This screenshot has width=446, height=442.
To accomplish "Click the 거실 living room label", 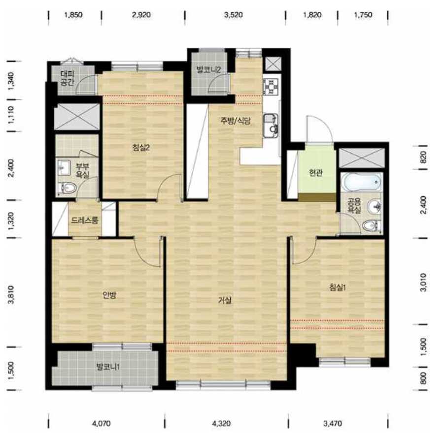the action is pos(225,300).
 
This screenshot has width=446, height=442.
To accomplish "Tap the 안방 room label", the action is pos(109,295).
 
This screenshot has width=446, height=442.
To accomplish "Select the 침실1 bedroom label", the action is pos(338,287).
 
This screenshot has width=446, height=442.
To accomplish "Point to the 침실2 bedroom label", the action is pos(141,148).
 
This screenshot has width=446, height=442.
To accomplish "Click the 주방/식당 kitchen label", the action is pos(235,121).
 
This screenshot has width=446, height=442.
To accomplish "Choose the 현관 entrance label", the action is pos(316,172).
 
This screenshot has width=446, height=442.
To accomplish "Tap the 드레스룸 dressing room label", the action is pos(84,220).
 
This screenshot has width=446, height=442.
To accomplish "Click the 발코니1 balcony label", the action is pos(108,367).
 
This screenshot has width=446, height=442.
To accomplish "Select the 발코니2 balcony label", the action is pos(208,69).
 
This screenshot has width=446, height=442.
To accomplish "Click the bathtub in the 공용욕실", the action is pos(362,182).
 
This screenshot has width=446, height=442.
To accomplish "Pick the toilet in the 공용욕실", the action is pos(372,226).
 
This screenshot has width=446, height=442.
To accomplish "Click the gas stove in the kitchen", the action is pos(272,86).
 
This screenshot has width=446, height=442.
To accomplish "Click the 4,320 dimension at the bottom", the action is pos(221,424).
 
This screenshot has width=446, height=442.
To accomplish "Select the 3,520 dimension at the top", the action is pos(233,15).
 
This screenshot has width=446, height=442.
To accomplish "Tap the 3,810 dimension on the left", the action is pos(11,295).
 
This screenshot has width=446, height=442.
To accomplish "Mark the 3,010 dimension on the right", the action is pos(423,283).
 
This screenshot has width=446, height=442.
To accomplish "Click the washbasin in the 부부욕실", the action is pos(64,167).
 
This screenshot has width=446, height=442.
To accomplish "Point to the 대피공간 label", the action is pos(68,78).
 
